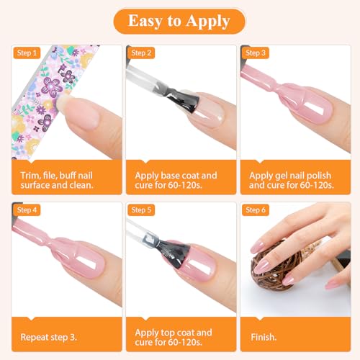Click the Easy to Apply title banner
click(179, 21)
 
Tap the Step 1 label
click(27, 53)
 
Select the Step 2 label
click(141, 53)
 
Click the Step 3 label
click(256, 53)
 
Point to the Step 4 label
click(27, 210)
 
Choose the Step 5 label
click(141, 210)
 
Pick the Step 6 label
click(256, 210)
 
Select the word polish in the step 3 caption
click(319, 176)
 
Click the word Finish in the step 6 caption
click(264, 337)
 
